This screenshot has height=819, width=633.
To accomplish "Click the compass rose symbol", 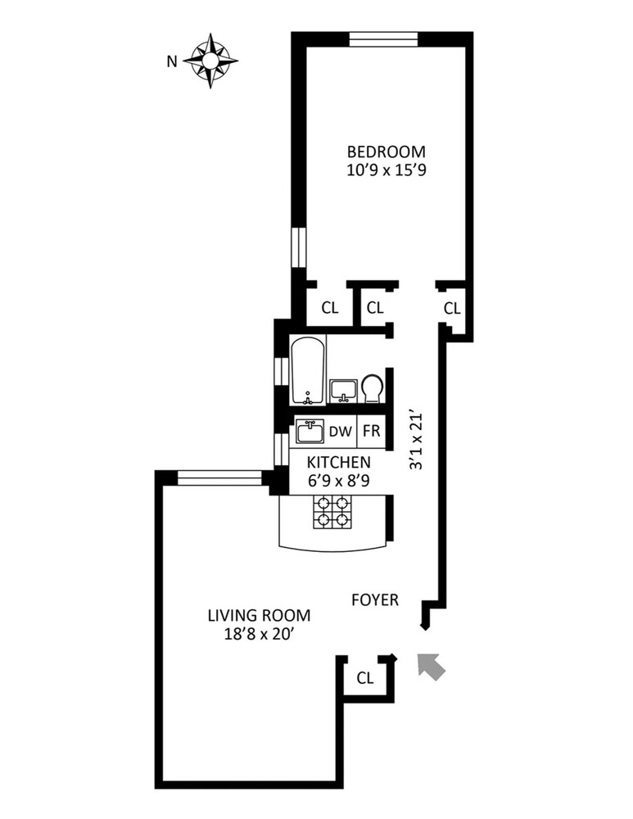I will [210, 60].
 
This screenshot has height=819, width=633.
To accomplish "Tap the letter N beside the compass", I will [171, 61].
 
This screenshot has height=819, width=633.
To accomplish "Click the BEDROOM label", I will [387, 152].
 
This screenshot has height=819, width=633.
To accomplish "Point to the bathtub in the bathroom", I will [308, 371].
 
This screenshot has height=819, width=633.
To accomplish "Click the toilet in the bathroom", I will [373, 388].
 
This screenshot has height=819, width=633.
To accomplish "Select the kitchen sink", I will [310, 431].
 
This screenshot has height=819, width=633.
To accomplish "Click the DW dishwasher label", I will [340, 432].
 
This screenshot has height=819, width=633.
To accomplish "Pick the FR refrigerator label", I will [371, 432].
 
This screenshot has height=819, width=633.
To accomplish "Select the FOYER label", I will [375, 600].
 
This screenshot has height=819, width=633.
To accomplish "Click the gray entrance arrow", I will [431, 666].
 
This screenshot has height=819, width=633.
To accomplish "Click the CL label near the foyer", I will [366, 678].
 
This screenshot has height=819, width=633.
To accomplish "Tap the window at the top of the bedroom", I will [383, 38].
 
